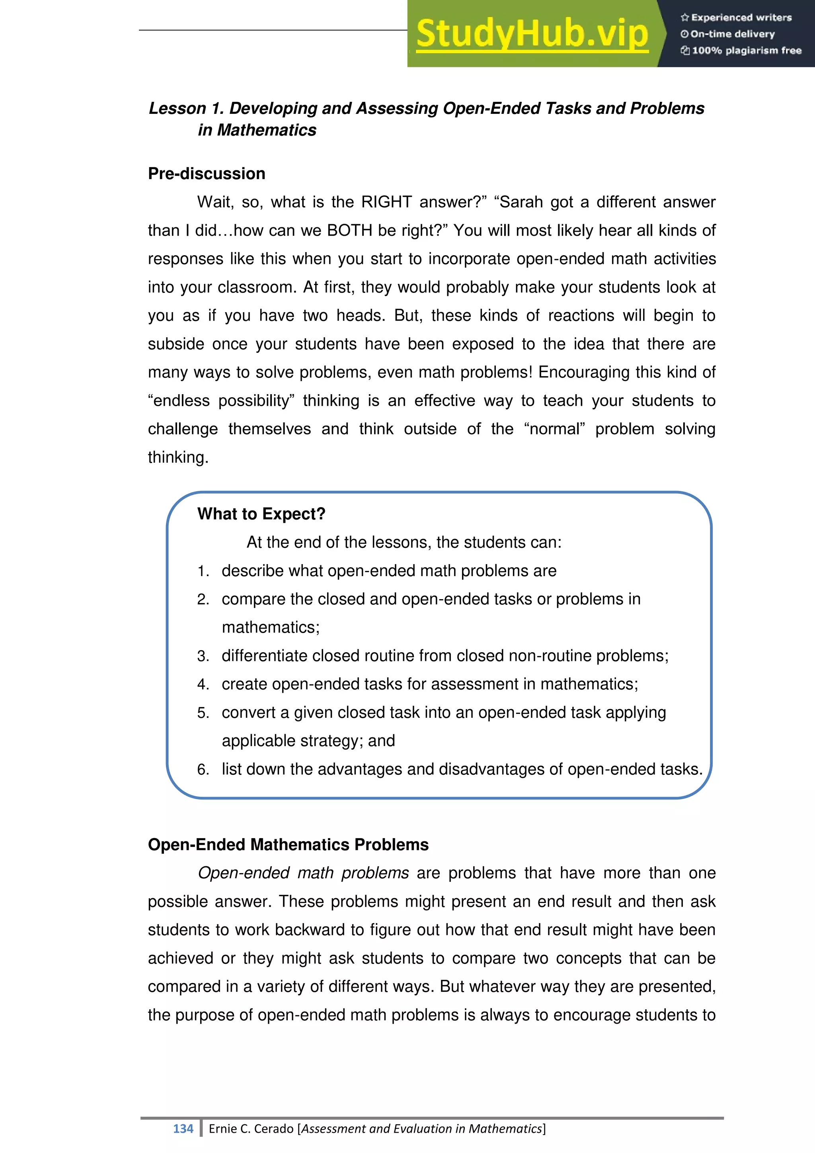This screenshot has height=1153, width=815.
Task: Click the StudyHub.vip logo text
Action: click(532, 34)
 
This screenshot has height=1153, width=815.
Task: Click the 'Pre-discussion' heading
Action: click(206, 174)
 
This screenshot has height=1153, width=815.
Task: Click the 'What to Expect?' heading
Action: click(261, 514)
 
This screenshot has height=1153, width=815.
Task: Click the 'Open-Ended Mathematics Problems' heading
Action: click(288, 845)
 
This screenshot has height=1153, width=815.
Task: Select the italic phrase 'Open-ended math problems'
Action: click(303, 873)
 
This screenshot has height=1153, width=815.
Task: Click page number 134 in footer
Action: click(183, 1129)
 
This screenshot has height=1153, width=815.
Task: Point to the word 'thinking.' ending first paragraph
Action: click(177, 457)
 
